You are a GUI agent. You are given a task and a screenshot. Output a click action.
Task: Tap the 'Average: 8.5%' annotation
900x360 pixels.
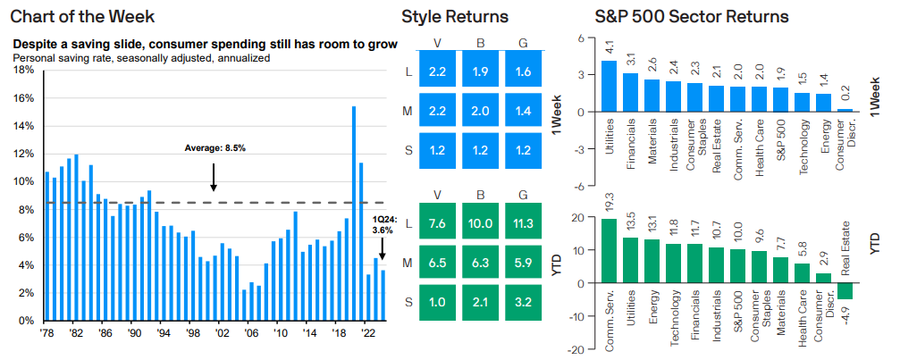click(x=214, y=147)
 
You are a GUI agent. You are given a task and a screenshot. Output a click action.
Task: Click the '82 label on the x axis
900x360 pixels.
click(x=76, y=333)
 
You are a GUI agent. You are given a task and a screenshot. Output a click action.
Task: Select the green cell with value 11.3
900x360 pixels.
click(x=522, y=222)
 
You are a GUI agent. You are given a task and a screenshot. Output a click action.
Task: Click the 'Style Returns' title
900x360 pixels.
click(x=456, y=17)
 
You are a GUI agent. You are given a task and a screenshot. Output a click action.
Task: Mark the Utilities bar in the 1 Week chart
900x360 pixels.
click(x=608, y=87)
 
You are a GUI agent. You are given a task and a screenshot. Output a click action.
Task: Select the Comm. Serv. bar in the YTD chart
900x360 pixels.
click(x=608, y=251)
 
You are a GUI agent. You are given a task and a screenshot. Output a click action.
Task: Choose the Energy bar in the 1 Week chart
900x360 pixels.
click(x=824, y=103)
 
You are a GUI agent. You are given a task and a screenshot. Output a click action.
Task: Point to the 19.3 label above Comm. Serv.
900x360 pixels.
click(x=608, y=207)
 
